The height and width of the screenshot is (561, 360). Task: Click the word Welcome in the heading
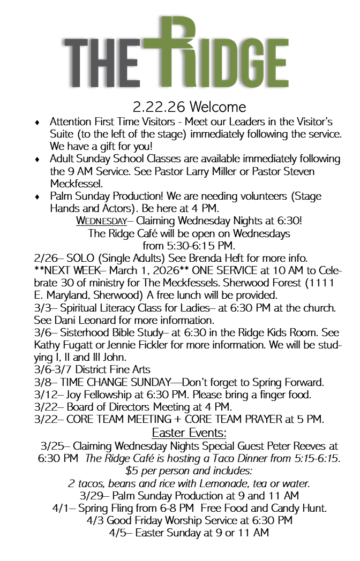(217, 107)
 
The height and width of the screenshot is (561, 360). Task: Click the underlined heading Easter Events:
(189, 432)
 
